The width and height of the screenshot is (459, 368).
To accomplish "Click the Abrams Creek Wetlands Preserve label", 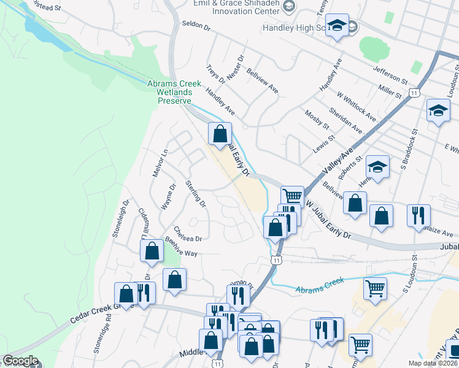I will [170, 92].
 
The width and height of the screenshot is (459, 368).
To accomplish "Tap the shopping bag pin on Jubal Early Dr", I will [220, 134].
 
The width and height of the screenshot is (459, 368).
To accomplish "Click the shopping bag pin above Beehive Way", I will [152, 250].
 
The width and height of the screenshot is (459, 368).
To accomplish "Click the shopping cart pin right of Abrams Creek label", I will [374, 287].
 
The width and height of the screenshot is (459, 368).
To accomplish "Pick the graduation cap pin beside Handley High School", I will [336, 26].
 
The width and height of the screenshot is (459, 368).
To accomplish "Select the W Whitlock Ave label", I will [356, 106].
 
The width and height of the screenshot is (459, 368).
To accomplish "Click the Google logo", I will [20, 361].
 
